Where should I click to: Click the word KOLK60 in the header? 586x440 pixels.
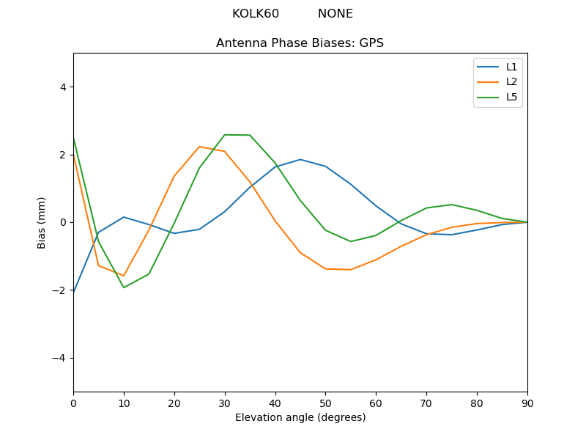click(255, 14)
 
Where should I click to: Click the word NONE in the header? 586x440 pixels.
click(335, 14)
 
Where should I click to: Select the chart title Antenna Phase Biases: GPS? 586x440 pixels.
click(300, 43)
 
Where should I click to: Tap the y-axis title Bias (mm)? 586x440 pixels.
click(42, 222)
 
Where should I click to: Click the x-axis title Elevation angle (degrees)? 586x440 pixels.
click(300, 418)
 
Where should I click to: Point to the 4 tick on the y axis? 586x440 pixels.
click(62, 87)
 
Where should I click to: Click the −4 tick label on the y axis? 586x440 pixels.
click(59, 358)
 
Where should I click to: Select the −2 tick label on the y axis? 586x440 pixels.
click(59, 290)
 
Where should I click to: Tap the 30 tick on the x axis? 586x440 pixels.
click(224, 403)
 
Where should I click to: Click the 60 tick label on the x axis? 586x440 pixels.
click(376, 403)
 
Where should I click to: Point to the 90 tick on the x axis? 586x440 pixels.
click(527, 403)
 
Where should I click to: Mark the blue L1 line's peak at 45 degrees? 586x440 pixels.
click(300, 159)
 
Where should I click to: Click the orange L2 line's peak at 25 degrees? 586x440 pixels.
click(199, 147)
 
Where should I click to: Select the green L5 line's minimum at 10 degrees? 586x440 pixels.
click(124, 287)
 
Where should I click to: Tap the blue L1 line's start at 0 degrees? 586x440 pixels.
click(74, 293)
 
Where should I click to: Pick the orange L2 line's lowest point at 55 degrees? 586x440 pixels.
click(351, 270)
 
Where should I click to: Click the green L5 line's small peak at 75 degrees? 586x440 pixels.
click(452, 205)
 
